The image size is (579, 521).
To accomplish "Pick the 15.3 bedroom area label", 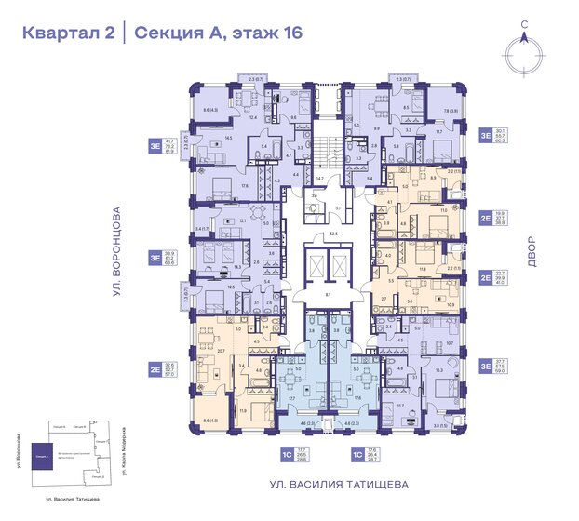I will (x=439, y=370).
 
